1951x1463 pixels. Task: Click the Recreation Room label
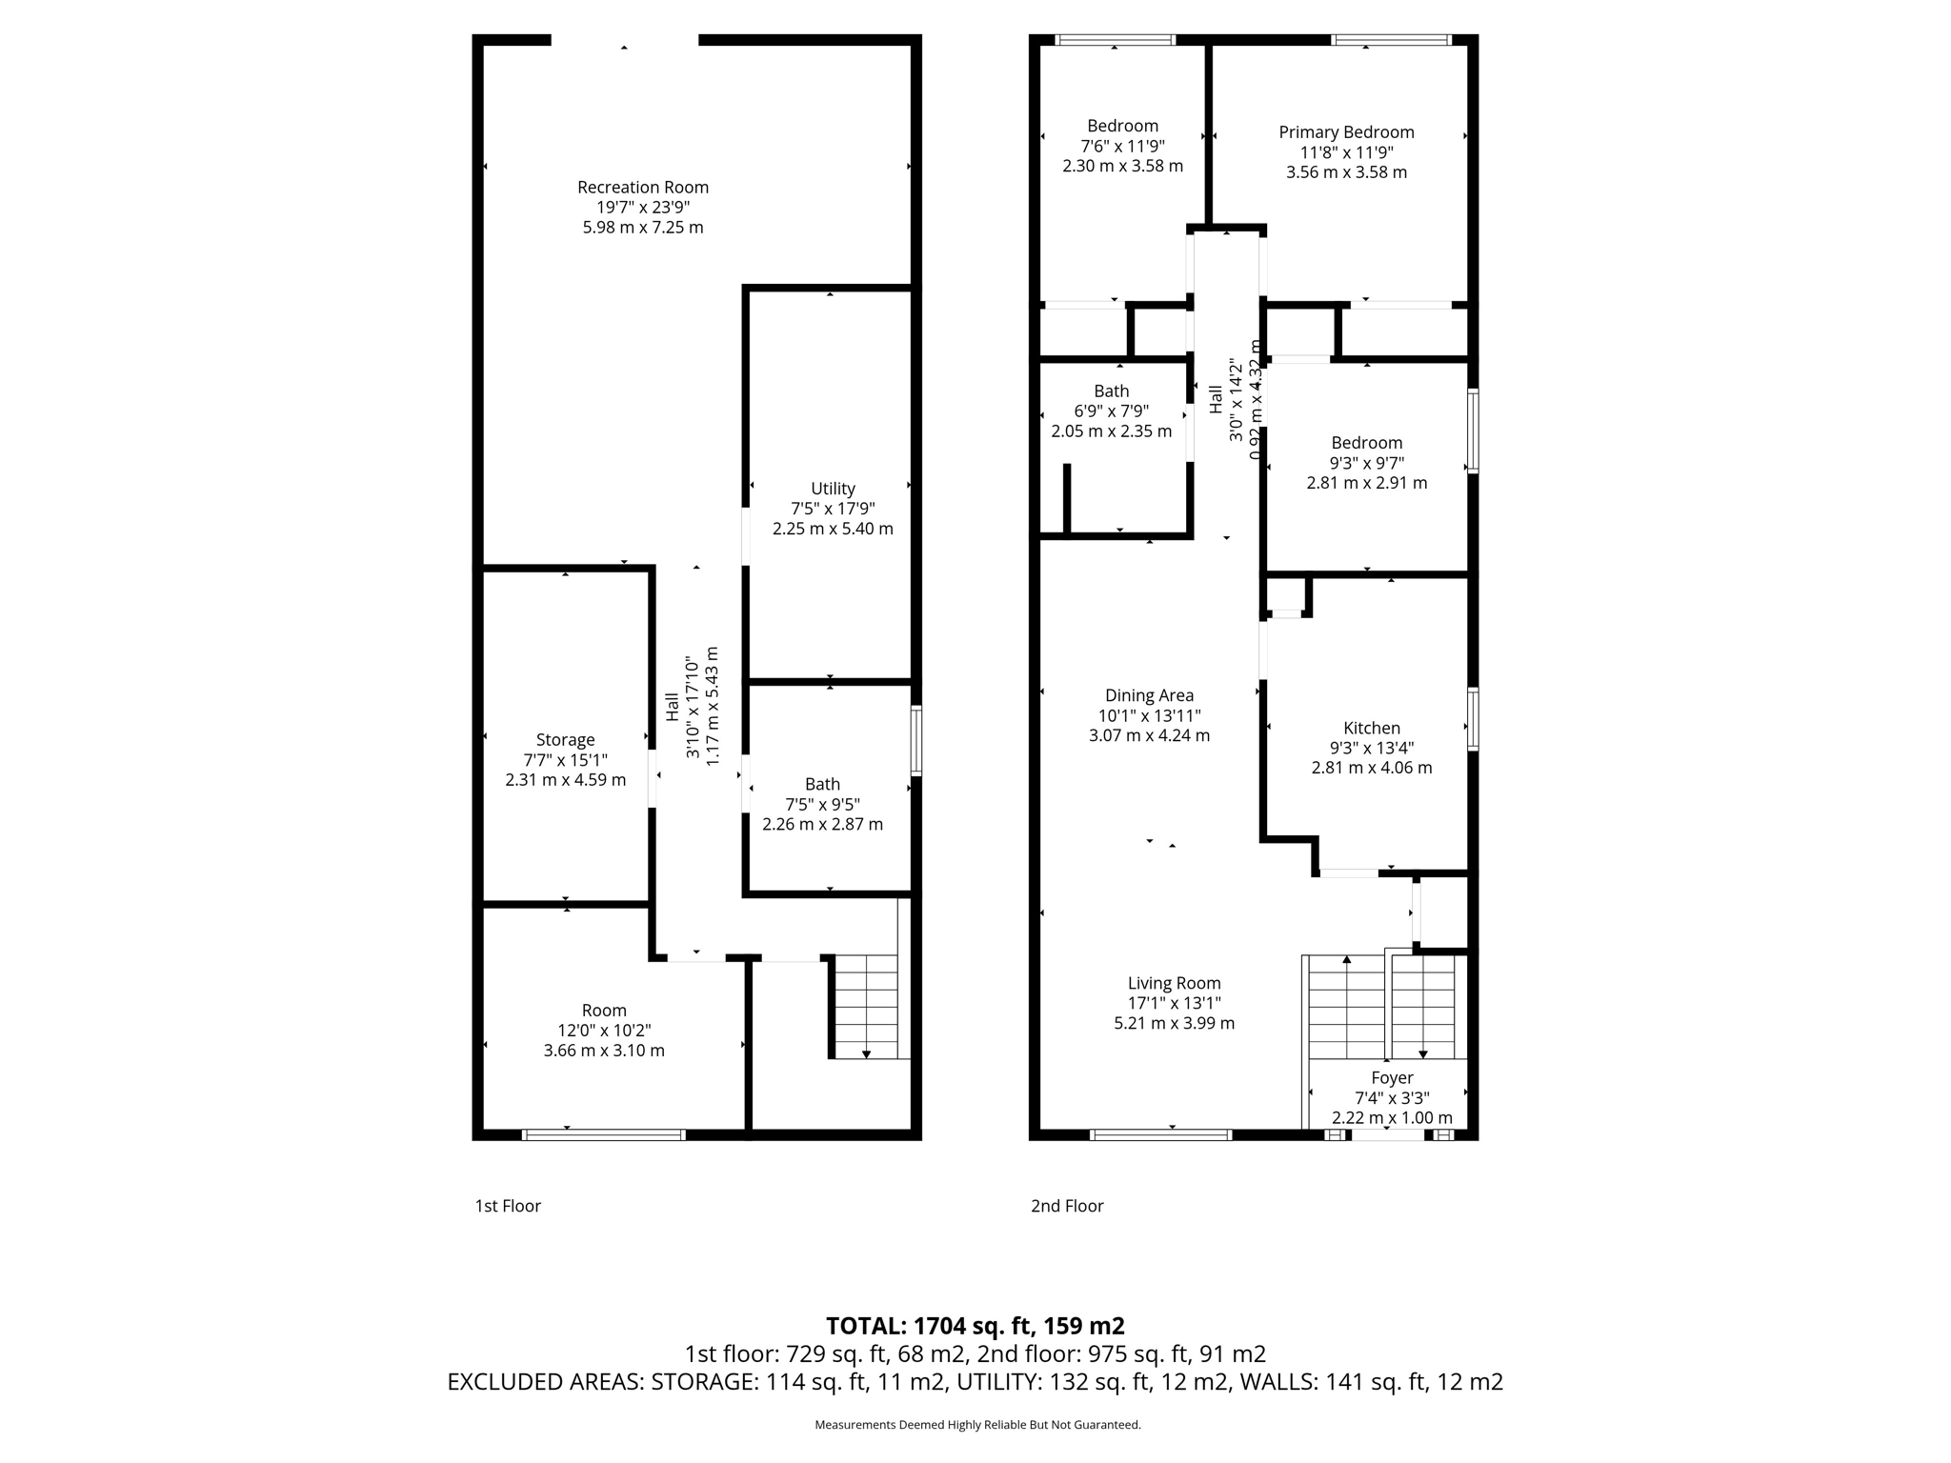click(x=643, y=188)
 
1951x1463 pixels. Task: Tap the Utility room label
click(x=833, y=489)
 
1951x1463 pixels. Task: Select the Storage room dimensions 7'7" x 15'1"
click(x=565, y=760)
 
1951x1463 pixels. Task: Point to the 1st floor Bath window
click(x=915, y=740)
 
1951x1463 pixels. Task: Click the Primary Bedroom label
click(x=1346, y=132)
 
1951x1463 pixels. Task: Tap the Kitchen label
click(x=1372, y=728)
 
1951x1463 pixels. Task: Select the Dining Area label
click(x=1149, y=695)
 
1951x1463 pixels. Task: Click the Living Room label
click(x=1174, y=983)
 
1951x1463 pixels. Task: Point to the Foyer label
click(x=1391, y=1078)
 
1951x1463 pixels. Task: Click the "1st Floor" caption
click(x=508, y=1206)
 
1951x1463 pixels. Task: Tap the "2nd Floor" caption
click(x=1067, y=1206)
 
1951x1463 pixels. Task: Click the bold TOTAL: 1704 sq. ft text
click(x=975, y=1326)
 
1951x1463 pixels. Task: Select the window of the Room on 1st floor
click(x=604, y=1134)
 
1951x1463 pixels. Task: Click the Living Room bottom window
click(x=1160, y=1134)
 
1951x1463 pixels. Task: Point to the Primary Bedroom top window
click(x=1391, y=40)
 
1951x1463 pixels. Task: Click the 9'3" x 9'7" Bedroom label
click(x=1366, y=443)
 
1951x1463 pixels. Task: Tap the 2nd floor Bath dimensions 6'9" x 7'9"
click(x=1111, y=411)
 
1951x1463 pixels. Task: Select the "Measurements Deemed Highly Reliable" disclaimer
click(x=977, y=1425)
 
